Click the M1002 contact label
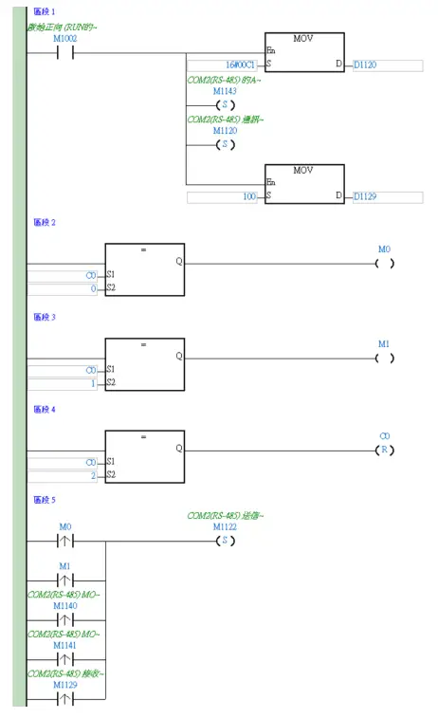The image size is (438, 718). click(x=65, y=38)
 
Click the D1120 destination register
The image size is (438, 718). click(x=365, y=64)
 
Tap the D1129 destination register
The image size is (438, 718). click(x=365, y=196)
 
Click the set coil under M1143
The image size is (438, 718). click(x=225, y=104)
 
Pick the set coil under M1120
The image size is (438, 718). click(x=225, y=144)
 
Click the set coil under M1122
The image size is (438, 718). click(x=225, y=541)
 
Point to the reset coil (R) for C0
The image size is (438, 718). click(x=384, y=450)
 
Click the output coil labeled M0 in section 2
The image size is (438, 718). click(x=384, y=263)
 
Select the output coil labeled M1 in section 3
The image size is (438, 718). click(x=384, y=358)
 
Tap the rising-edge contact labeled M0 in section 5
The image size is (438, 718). click(x=65, y=542)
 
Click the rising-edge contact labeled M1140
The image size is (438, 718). click(x=65, y=618)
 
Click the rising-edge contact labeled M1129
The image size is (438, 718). click(x=65, y=699)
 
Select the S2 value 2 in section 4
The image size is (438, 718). click(x=93, y=475)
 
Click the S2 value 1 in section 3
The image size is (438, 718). click(x=93, y=382)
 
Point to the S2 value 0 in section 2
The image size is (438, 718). click(x=93, y=288)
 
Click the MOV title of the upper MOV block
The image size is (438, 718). click(x=303, y=38)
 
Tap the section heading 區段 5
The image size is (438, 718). click(x=46, y=499)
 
